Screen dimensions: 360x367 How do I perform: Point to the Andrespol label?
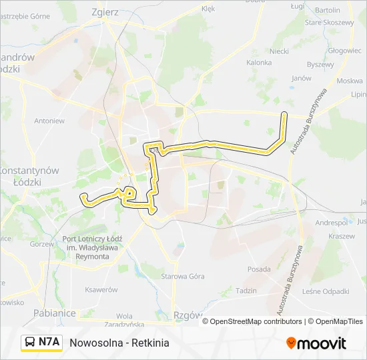coord(332,222)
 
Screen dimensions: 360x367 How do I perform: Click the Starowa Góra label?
coord(183,276)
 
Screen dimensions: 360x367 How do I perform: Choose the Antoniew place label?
coord(49,121)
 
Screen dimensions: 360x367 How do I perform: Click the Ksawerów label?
coord(101,290)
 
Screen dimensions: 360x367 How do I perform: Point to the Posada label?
coord(259,269)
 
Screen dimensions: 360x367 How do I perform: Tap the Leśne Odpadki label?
coord(326,291)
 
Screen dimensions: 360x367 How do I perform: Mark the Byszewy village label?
coord(320,65)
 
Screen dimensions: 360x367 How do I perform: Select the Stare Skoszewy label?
coord(329,23)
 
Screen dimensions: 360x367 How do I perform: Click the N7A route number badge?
coord(49,343)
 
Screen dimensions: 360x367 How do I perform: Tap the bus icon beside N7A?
coord(30,343)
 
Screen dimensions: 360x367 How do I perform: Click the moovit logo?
coord(316,343)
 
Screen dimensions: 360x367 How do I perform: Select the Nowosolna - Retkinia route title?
coord(119,343)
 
